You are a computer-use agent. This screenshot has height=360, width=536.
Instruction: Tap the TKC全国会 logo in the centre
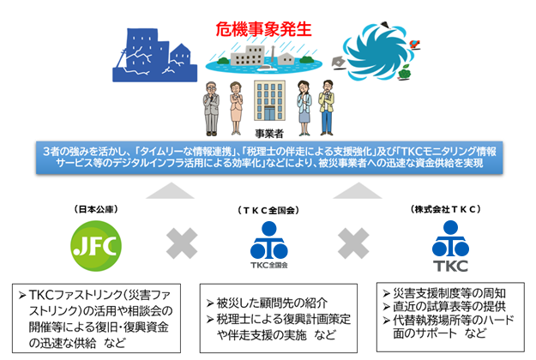pos(268,242)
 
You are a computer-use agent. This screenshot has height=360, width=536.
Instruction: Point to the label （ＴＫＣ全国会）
pos(269,209)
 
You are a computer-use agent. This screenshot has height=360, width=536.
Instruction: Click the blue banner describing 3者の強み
pos(268,156)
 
